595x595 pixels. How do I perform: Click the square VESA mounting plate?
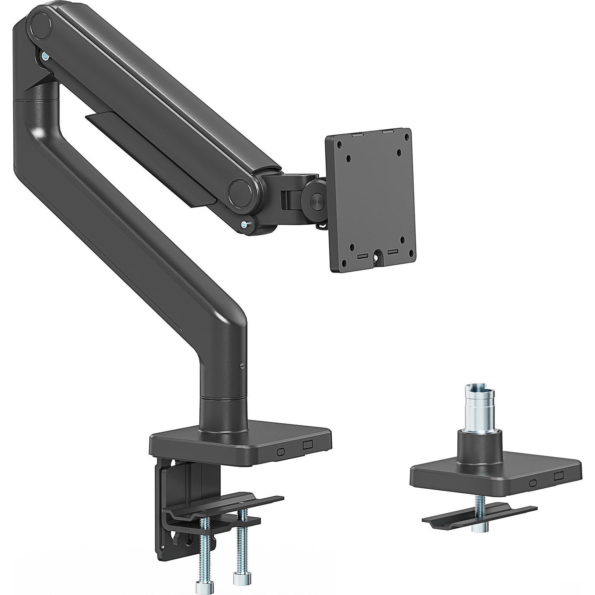click(371, 203)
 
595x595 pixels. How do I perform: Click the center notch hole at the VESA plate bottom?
click(377, 258)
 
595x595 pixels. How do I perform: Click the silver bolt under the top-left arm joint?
click(46, 57)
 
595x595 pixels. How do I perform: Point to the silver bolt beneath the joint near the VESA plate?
click(245, 224)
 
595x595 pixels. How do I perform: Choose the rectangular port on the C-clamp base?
click(308, 445)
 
